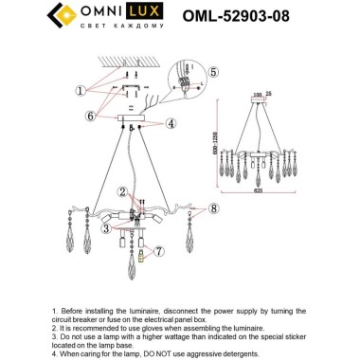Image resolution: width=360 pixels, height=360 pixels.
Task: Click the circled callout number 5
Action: [214, 71]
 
